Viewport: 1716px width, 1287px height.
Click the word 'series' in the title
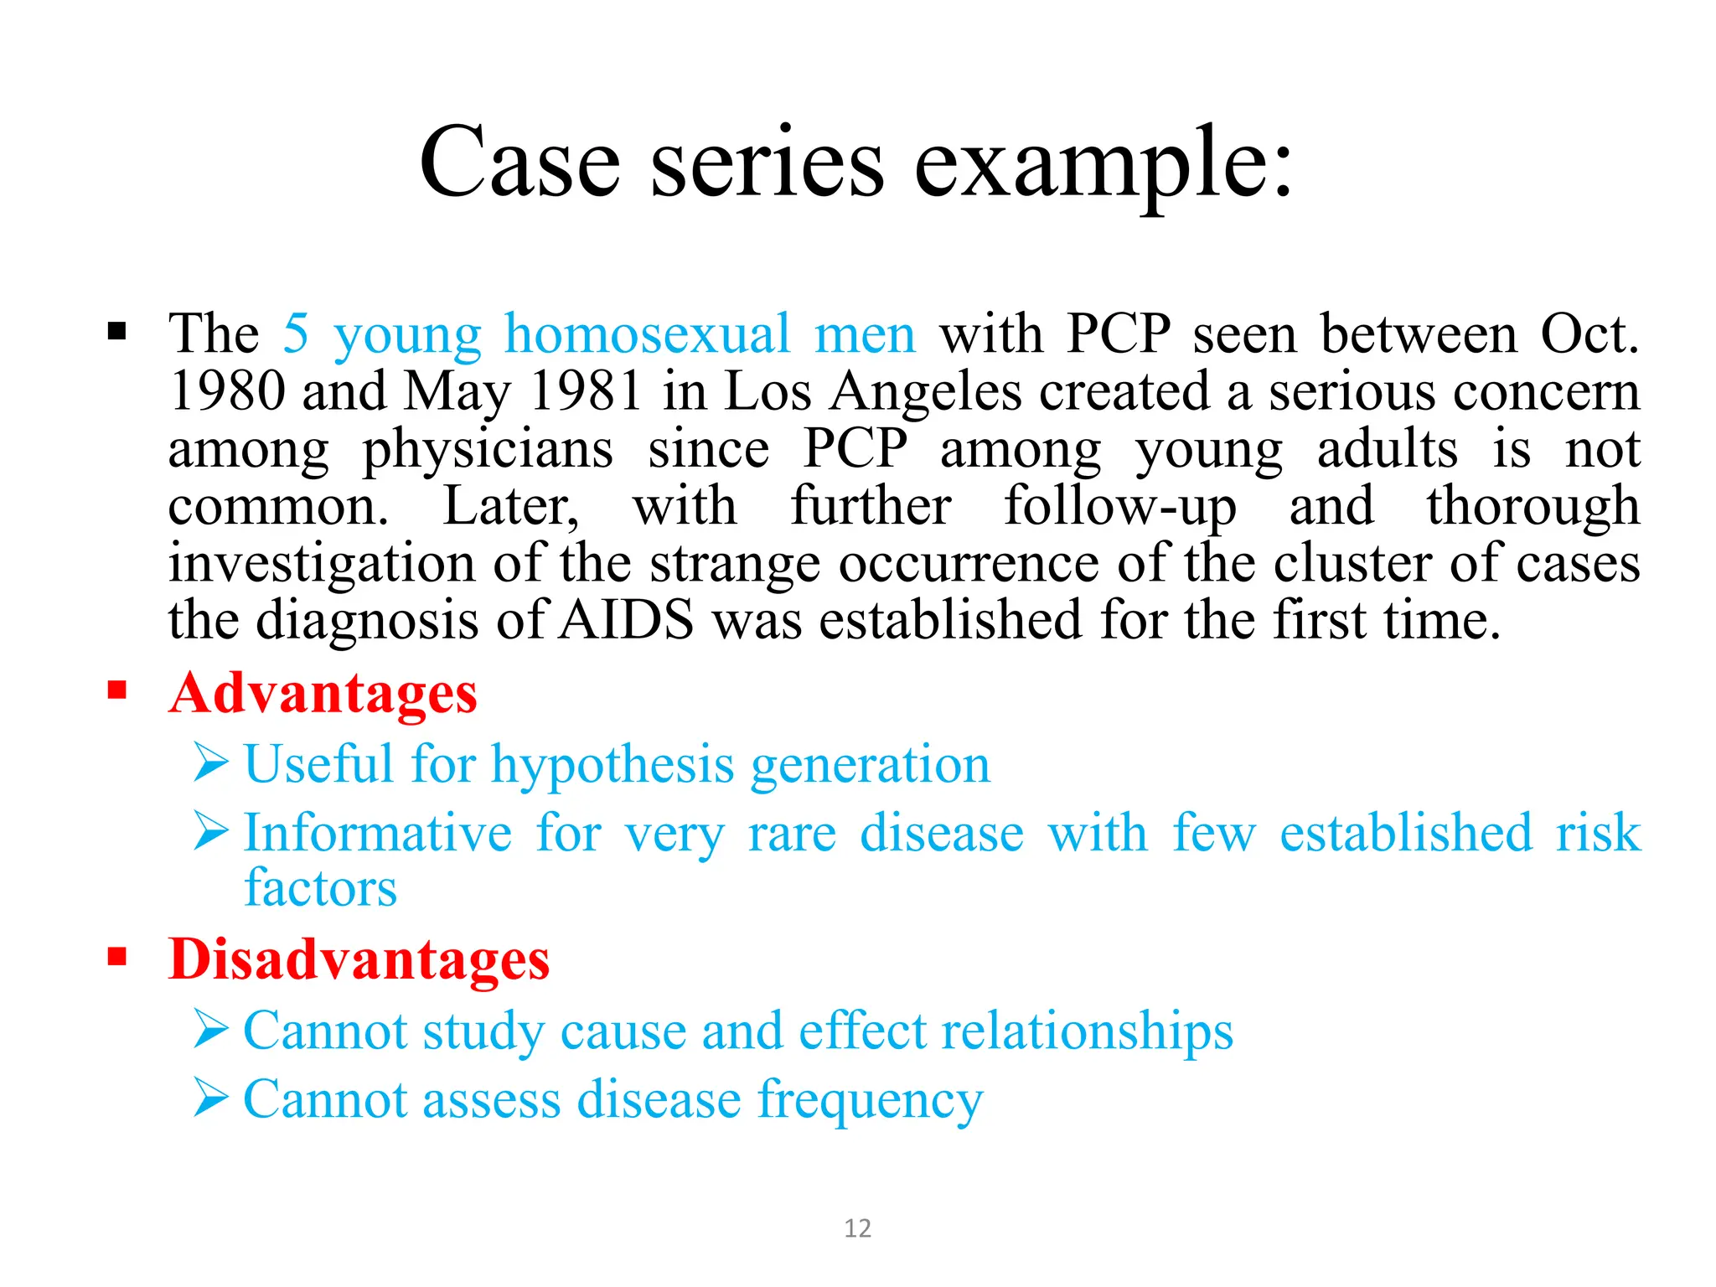767,163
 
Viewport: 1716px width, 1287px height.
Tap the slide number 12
857,1228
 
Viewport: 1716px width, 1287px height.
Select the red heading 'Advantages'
323,695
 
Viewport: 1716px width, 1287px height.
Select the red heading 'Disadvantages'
359,960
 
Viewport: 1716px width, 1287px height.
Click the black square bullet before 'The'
116,332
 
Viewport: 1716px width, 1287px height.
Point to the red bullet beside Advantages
116,690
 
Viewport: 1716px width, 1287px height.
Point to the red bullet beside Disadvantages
116,956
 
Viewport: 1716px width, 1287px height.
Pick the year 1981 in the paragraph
587,391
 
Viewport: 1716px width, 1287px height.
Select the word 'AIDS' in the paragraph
627,621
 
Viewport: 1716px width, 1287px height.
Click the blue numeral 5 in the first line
296,333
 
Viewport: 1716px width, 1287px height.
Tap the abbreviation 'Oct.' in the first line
1589,333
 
